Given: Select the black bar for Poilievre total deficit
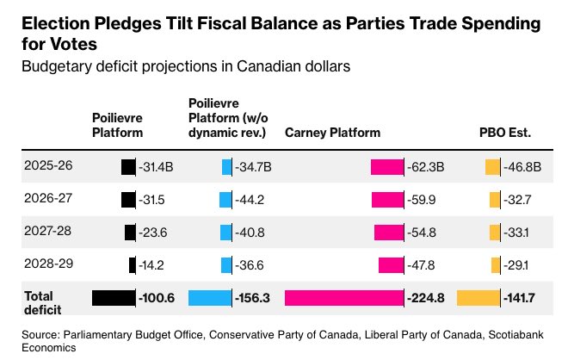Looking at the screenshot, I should point(114,298).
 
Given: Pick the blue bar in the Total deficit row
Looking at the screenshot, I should point(210,298).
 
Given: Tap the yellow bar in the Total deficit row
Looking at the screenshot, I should point(478,298).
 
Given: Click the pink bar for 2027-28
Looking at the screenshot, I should point(389,233).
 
